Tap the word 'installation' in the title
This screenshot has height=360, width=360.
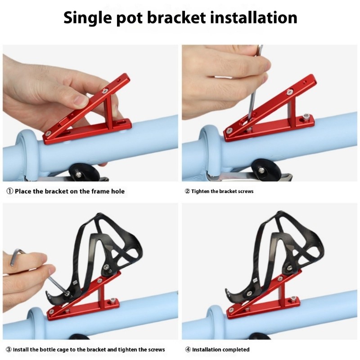[x=254, y=18]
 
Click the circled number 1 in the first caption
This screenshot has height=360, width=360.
[x=10, y=191]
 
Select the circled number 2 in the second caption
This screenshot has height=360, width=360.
[x=187, y=191]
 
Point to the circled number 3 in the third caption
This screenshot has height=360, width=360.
[x=9, y=350]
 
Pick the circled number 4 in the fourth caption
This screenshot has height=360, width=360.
[x=188, y=350]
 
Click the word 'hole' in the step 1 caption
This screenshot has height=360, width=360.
[x=118, y=191]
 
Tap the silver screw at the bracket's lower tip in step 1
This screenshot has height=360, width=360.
[x=48, y=133]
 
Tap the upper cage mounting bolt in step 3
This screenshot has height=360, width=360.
[x=106, y=267]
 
